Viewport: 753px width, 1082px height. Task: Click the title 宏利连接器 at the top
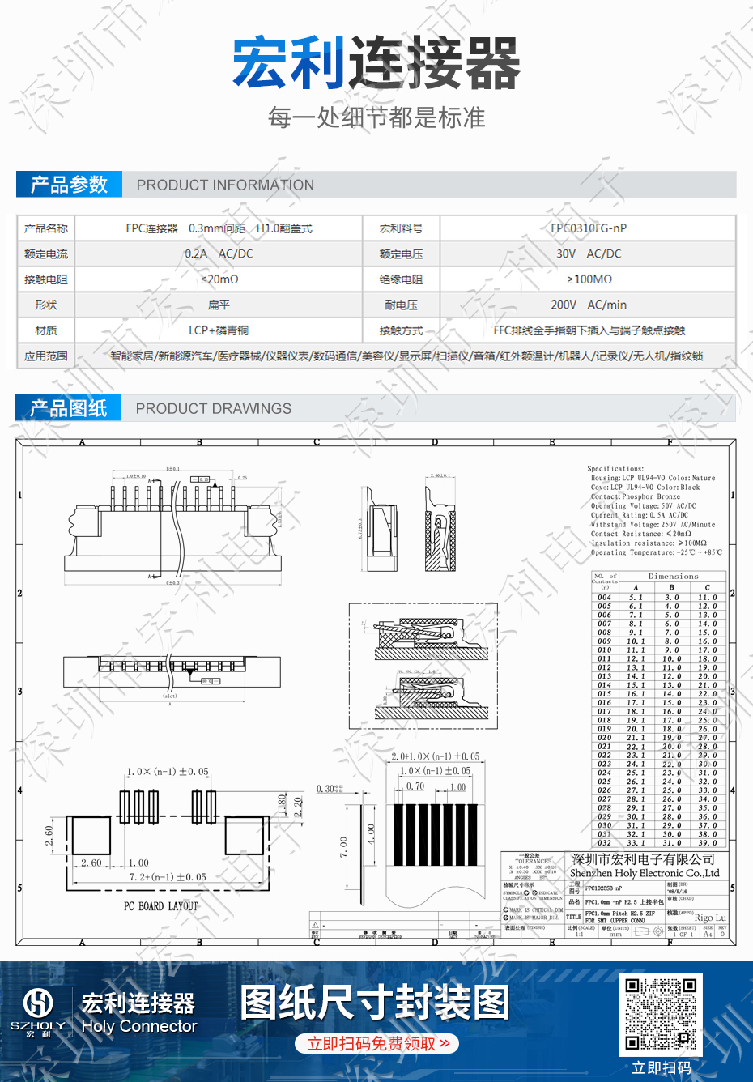[376, 62]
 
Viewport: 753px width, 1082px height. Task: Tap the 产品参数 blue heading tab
[69, 185]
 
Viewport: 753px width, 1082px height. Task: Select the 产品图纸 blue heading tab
[69, 408]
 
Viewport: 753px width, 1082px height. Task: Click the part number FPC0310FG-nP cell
[589, 228]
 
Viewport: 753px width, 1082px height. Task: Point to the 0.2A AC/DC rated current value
[219, 253]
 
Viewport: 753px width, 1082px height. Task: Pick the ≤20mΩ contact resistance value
[219, 279]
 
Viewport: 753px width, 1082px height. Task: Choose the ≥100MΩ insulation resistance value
[589, 279]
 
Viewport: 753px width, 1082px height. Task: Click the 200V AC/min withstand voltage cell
[589, 305]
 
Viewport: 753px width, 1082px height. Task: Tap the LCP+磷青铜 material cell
[219, 330]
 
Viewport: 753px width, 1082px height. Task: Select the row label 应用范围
[46, 356]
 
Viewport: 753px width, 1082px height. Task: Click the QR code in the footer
[662, 1015]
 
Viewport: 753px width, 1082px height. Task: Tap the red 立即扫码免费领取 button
[377, 1044]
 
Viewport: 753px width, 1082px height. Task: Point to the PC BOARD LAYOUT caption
[160, 906]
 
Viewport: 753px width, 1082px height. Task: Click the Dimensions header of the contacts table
[673, 577]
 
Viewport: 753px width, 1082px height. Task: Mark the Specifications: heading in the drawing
[615, 469]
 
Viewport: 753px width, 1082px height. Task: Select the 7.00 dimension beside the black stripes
[344, 847]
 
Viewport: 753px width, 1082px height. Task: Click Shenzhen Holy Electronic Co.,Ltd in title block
[644, 874]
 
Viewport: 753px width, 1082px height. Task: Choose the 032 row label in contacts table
[605, 843]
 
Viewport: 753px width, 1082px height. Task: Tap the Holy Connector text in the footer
[139, 1027]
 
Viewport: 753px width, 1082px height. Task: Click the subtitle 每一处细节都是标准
[376, 118]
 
